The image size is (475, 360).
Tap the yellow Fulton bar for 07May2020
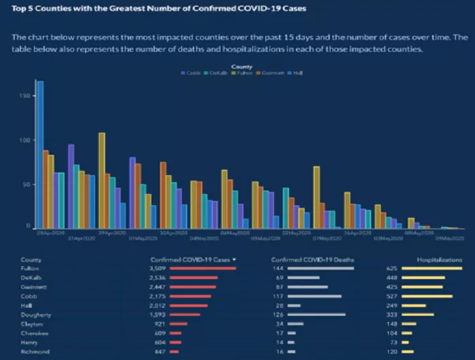(316, 197)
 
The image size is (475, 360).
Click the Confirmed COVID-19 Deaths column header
(312, 259)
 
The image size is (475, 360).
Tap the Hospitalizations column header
(439, 259)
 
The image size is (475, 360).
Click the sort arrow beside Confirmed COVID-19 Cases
(234, 259)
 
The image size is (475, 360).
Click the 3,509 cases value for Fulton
(157, 268)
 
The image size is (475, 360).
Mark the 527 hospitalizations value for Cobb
(390, 296)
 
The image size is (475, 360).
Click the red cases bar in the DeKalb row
(193, 278)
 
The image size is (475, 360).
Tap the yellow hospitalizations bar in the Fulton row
(432, 268)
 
